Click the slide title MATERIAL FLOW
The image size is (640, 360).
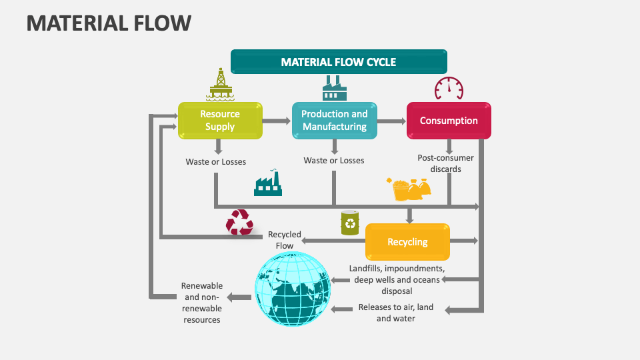click(x=109, y=23)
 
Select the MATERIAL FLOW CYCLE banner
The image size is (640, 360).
click(x=338, y=62)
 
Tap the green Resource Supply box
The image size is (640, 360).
click(x=220, y=121)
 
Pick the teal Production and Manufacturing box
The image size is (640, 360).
click(x=334, y=121)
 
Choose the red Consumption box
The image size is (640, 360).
click(x=449, y=121)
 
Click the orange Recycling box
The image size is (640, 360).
click(x=407, y=242)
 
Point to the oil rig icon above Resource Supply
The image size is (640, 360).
click(x=220, y=84)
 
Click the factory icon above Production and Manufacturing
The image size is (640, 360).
click(x=335, y=88)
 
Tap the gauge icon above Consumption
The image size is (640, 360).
click(x=449, y=88)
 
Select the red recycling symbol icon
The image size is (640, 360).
click(x=239, y=222)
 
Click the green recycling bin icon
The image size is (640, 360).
click(x=350, y=223)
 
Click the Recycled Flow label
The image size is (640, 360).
click(x=285, y=240)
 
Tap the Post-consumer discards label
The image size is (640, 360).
click(x=445, y=163)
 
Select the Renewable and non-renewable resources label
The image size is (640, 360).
click(x=202, y=303)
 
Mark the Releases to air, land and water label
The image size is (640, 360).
click(x=395, y=313)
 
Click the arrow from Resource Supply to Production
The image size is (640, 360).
click(x=277, y=121)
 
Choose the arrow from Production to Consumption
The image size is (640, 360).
click(x=391, y=121)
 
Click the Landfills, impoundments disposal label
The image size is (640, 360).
click(x=397, y=279)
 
